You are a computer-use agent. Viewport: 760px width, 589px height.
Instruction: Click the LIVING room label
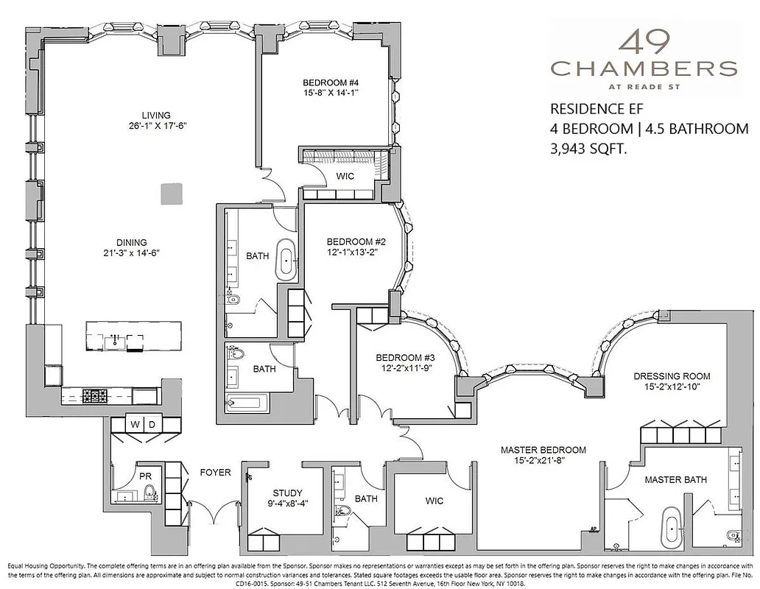pos(156,115)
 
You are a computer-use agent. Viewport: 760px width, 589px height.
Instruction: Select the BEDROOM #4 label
pos(330,82)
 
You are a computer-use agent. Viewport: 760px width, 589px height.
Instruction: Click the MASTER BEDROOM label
pos(543,450)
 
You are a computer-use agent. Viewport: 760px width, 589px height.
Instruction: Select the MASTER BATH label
pos(675,479)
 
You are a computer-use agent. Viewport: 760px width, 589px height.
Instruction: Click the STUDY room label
pos(287,493)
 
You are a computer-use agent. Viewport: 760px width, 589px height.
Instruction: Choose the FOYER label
pos(214,473)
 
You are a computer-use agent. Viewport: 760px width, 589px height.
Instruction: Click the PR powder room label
pos(145,476)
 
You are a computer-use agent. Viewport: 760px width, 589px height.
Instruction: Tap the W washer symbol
pos(135,425)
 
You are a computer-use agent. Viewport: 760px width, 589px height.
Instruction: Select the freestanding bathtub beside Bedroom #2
pos(286,259)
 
